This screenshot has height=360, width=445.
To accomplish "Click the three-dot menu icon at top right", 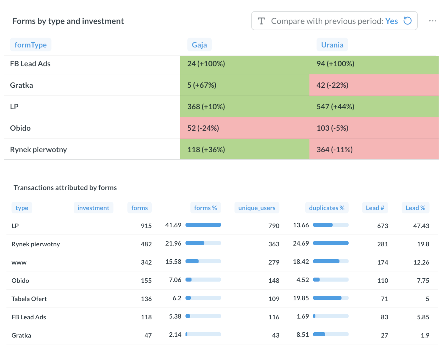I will click(x=432, y=21).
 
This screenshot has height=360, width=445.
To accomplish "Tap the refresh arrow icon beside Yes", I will click(x=407, y=21).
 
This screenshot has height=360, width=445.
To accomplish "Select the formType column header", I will click(x=31, y=45).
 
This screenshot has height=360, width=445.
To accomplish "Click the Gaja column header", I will click(x=199, y=45).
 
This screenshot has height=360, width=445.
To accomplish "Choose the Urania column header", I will click(x=332, y=45).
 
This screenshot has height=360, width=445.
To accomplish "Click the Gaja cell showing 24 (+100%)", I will click(x=206, y=64).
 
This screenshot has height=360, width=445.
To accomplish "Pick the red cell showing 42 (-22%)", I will click(x=332, y=85).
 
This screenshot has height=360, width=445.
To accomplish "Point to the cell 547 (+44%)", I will click(x=335, y=107).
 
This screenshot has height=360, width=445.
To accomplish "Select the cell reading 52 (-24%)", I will click(x=203, y=128).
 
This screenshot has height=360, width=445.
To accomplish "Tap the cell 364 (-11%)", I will click(x=334, y=150).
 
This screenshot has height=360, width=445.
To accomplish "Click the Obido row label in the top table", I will click(x=20, y=128).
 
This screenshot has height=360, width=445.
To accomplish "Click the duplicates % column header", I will click(x=326, y=208).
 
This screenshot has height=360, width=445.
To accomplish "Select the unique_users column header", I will click(x=257, y=208).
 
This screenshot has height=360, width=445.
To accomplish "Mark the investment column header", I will click(x=93, y=208).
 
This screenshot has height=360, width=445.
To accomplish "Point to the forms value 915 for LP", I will click(x=146, y=226).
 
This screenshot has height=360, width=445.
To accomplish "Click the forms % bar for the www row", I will click(x=203, y=262).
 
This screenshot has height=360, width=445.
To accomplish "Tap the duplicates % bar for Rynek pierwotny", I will click(x=331, y=243).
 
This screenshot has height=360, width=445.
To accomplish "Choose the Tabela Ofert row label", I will click(x=29, y=299).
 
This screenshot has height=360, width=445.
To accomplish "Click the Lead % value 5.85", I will click(x=423, y=317).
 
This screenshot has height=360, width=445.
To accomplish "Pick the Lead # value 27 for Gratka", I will click(x=384, y=335).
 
